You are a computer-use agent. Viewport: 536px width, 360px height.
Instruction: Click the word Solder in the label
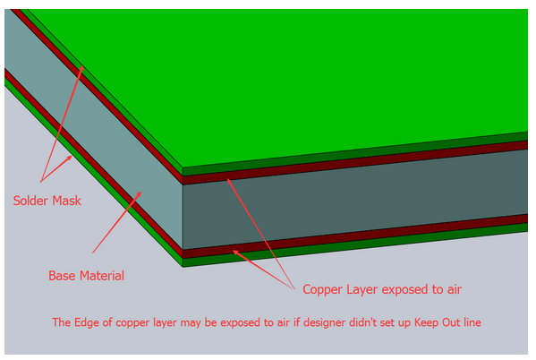(30, 201)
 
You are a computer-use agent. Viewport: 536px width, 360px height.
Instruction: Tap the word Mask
(66, 201)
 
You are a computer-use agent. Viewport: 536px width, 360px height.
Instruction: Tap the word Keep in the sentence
(427, 322)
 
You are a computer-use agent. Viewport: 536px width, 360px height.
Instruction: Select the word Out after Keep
(451, 322)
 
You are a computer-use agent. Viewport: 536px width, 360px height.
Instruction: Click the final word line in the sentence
(472, 322)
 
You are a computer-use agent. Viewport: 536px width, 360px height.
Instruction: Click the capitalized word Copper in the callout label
(323, 289)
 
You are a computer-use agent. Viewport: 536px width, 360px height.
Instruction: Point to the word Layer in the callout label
(362, 289)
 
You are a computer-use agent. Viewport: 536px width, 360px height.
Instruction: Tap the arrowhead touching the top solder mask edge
(81, 68)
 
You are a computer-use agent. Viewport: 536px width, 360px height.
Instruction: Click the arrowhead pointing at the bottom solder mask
(69, 159)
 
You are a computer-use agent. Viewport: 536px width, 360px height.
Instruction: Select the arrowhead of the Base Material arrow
(139, 194)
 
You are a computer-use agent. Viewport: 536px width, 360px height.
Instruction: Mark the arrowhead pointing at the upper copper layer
(229, 182)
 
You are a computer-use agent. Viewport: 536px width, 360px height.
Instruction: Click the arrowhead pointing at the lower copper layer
(236, 253)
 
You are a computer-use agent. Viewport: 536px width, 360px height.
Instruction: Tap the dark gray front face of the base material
(355, 199)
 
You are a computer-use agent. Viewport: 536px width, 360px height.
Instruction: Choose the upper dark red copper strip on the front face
(355, 163)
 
